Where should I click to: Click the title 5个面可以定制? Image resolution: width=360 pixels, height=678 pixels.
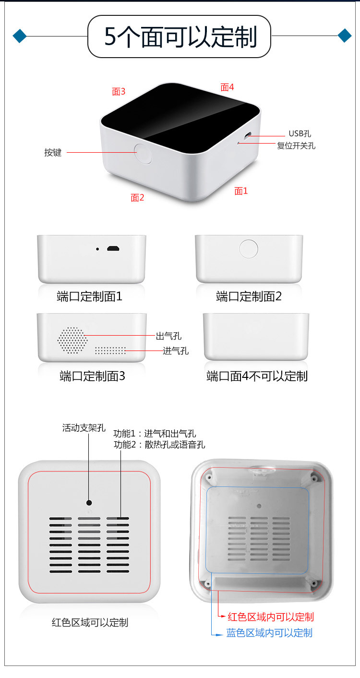[x=180, y=36]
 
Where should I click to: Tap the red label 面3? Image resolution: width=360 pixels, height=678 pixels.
[x=119, y=91]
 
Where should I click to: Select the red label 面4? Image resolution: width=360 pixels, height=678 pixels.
[x=227, y=87]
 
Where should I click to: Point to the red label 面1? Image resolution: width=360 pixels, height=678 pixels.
[x=241, y=191]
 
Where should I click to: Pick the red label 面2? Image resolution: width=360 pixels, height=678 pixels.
[x=137, y=198]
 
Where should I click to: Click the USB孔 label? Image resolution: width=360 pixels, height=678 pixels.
[x=300, y=133]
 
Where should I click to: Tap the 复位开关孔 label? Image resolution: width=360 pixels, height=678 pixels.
[x=296, y=145]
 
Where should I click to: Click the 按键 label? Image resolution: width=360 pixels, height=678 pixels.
[x=53, y=152]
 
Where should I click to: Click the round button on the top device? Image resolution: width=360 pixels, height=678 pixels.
[x=143, y=154]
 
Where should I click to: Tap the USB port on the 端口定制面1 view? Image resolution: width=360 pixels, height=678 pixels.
[x=113, y=249]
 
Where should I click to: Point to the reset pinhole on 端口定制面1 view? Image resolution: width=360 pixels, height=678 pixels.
[x=97, y=249]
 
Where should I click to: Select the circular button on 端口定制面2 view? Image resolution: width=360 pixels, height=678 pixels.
[x=248, y=249]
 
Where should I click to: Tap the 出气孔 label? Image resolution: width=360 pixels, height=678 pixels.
[x=168, y=336]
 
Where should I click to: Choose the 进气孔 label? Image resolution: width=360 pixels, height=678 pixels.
[x=176, y=351]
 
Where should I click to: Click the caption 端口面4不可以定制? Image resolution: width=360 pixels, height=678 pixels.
[x=257, y=376]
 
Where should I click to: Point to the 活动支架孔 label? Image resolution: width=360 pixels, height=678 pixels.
[x=84, y=428]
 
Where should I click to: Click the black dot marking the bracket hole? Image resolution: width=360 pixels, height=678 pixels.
[x=89, y=502]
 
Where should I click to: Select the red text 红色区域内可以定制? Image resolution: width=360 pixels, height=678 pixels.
[x=271, y=617]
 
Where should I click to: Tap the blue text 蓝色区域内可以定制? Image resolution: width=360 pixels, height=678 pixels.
[x=269, y=632]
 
